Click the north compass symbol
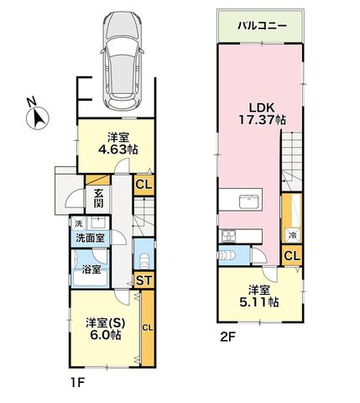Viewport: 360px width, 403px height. [x=37, y=117]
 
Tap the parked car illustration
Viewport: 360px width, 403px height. [x=123, y=60]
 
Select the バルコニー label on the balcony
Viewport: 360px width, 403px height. [x=262, y=26]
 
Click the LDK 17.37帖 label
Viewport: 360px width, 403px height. [x=262, y=114]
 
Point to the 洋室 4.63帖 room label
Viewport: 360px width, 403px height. [x=118, y=144]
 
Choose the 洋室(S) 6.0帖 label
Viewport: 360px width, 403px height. [x=105, y=329]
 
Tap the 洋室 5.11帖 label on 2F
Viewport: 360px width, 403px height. [x=259, y=296]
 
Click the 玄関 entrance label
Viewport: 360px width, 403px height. [x=98, y=198]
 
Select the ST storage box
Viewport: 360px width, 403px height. [x=144, y=280]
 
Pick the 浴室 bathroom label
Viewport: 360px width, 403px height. [x=91, y=270]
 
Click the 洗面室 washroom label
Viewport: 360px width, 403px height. [x=91, y=238]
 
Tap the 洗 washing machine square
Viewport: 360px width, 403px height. [x=79, y=223]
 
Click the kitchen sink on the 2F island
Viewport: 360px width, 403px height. [x=249, y=201]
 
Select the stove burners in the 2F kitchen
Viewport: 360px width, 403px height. [x=228, y=236]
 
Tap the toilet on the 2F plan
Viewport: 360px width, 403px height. [x=227, y=255]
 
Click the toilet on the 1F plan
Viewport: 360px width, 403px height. [x=144, y=260]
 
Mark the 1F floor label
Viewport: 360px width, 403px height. [x=77, y=383]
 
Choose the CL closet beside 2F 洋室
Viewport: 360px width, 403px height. [x=292, y=255]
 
